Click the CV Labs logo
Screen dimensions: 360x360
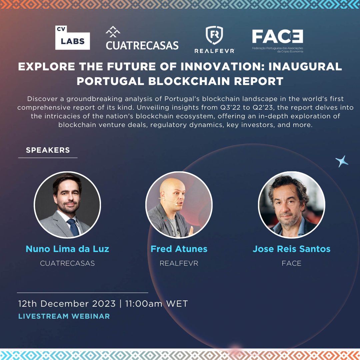[72, 38]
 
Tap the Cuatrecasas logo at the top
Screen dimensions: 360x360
[142, 38]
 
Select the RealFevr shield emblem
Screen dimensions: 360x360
[214, 35]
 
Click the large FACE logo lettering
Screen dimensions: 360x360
[278, 36]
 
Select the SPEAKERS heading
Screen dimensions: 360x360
[48, 150]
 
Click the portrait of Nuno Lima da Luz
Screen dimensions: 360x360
[67, 205]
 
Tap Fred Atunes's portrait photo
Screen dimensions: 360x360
[179, 205]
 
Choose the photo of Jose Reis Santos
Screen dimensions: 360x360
[292, 205]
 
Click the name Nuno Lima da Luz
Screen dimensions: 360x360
[67, 249]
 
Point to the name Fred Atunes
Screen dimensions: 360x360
[179, 249]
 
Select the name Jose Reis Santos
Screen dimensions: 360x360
[292, 249]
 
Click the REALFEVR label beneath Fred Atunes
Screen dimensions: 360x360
[179, 263]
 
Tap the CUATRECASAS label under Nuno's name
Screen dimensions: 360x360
[67, 263]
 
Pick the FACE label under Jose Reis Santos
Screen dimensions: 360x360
[292, 263]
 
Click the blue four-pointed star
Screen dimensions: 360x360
[342, 161]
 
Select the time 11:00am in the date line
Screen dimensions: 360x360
[144, 304]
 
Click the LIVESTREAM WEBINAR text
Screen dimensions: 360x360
[64, 316]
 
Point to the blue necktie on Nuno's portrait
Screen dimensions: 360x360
[73, 227]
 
